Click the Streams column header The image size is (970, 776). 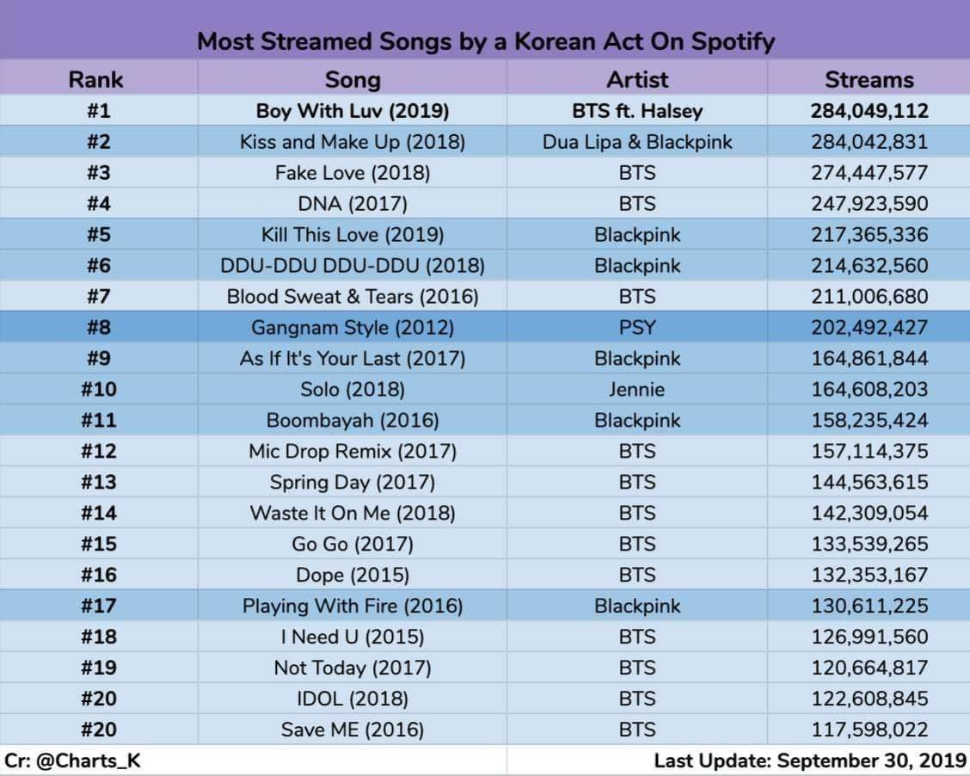point(869,80)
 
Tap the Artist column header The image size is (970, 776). point(637,80)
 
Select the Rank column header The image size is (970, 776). point(96,80)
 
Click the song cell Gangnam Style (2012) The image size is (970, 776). point(353,328)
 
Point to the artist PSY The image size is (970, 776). point(637,328)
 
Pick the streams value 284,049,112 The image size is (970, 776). point(869,111)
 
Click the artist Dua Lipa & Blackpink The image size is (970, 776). point(637,142)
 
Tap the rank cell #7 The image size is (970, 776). point(98,297)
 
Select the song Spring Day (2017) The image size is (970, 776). point(353,482)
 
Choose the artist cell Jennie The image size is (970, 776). point(637,389)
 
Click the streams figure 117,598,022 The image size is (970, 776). point(869,730)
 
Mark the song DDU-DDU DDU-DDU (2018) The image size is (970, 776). point(353,266)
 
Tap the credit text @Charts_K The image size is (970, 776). point(89,761)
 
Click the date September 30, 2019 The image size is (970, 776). point(872,761)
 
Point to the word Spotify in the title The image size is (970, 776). point(733,42)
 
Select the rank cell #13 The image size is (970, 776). point(98,482)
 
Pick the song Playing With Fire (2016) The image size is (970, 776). point(353,606)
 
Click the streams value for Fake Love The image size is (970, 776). point(869,173)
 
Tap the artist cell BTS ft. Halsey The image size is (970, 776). point(637,111)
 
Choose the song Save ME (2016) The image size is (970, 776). point(353,730)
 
